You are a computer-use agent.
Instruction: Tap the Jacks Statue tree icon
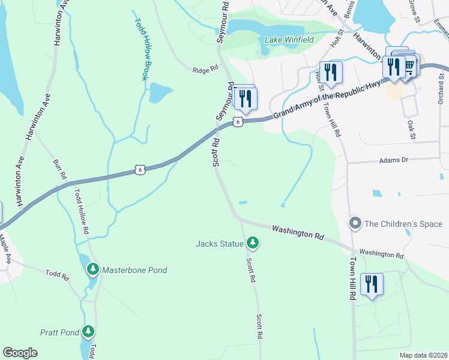[x=253, y=243]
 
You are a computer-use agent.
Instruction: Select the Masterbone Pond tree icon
[x=92, y=269]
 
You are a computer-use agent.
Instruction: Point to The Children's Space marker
[x=355, y=224]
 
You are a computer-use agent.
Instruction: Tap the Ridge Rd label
[x=205, y=70]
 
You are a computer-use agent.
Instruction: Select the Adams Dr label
[x=393, y=160]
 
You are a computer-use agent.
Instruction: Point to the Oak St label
[x=412, y=130]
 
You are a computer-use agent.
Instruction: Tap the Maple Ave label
[x=5, y=250]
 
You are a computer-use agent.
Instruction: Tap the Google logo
[x=20, y=353]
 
